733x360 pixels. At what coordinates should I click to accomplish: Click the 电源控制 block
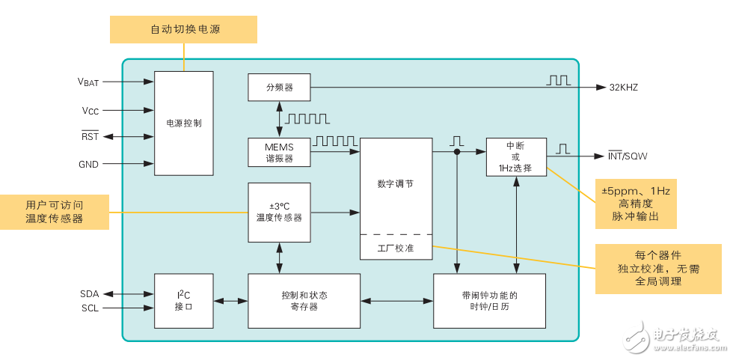(183, 123)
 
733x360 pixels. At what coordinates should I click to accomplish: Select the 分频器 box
(279, 88)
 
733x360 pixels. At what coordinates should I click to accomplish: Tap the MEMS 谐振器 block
(279, 152)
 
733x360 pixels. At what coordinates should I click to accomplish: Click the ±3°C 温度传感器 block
(279, 213)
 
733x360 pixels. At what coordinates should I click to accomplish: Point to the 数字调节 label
(396, 183)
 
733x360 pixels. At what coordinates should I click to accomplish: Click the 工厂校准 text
(396, 248)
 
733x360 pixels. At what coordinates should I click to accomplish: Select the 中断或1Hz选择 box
(515, 157)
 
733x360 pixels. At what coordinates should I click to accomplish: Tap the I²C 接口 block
(183, 301)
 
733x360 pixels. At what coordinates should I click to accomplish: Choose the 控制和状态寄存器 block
(304, 301)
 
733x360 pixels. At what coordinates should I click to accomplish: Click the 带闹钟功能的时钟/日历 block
(490, 301)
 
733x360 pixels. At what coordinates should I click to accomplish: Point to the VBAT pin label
(88, 82)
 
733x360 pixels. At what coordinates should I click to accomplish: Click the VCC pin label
(90, 110)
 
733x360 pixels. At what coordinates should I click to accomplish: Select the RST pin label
(90, 136)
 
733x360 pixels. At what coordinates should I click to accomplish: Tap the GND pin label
(88, 164)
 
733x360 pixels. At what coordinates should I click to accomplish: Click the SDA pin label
(89, 293)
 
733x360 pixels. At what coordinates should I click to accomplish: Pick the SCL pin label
(89, 308)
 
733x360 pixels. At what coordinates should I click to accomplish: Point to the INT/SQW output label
(627, 156)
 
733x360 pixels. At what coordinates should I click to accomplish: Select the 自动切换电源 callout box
(183, 30)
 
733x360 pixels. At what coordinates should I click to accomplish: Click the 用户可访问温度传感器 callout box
(55, 212)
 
